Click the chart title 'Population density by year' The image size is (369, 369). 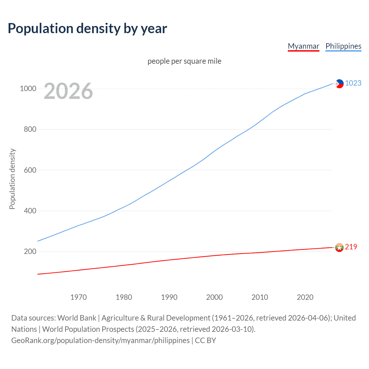(87, 28)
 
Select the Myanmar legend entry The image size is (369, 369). (303, 46)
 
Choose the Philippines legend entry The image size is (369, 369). (343, 46)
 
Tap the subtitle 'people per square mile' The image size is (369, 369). (184, 61)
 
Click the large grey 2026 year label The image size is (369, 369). (68, 91)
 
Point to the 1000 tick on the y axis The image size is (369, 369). (28, 89)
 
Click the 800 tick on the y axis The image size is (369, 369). (30, 129)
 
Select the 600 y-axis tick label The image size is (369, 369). (30, 170)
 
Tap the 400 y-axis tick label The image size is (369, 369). (30, 211)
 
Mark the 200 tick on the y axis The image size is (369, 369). (30, 251)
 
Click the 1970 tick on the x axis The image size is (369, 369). (78, 297)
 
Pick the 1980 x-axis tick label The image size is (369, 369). (124, 297)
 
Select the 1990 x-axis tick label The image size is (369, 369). (169, 297)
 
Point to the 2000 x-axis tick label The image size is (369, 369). (214, 297)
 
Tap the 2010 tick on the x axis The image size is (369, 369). (260, 297)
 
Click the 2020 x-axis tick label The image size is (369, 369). (305, 297)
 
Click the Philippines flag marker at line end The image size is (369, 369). (340, 84)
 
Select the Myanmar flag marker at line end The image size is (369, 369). (339, 247)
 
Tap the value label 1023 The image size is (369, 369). (353, 83)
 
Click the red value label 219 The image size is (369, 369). (351, 247)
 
